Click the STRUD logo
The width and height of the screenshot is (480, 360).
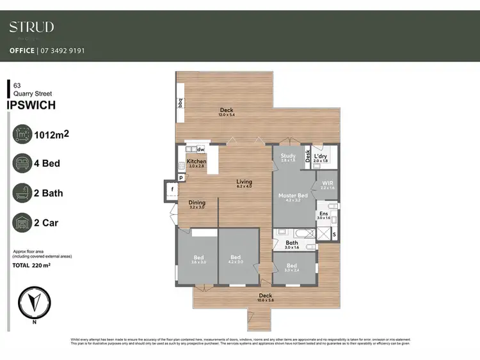[x=31, y=27]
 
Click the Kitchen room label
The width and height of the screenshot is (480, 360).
[x=196, y=162]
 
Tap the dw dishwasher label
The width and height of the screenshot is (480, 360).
[x=200, y=150]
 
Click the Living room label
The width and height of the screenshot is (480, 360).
[x=244, y=182]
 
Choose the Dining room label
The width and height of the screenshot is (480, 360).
[x=196, y=203]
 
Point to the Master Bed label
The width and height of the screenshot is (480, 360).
[x=292, y=196]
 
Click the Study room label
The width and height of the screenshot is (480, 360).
[x=287, y=155]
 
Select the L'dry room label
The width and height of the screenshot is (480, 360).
[x=321, y=156]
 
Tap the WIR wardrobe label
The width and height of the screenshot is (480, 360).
[x=327, y=184]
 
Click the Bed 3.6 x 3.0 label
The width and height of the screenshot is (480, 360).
[x=198, y=258]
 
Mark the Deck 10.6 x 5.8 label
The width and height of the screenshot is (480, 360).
[x=265, y=295]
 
